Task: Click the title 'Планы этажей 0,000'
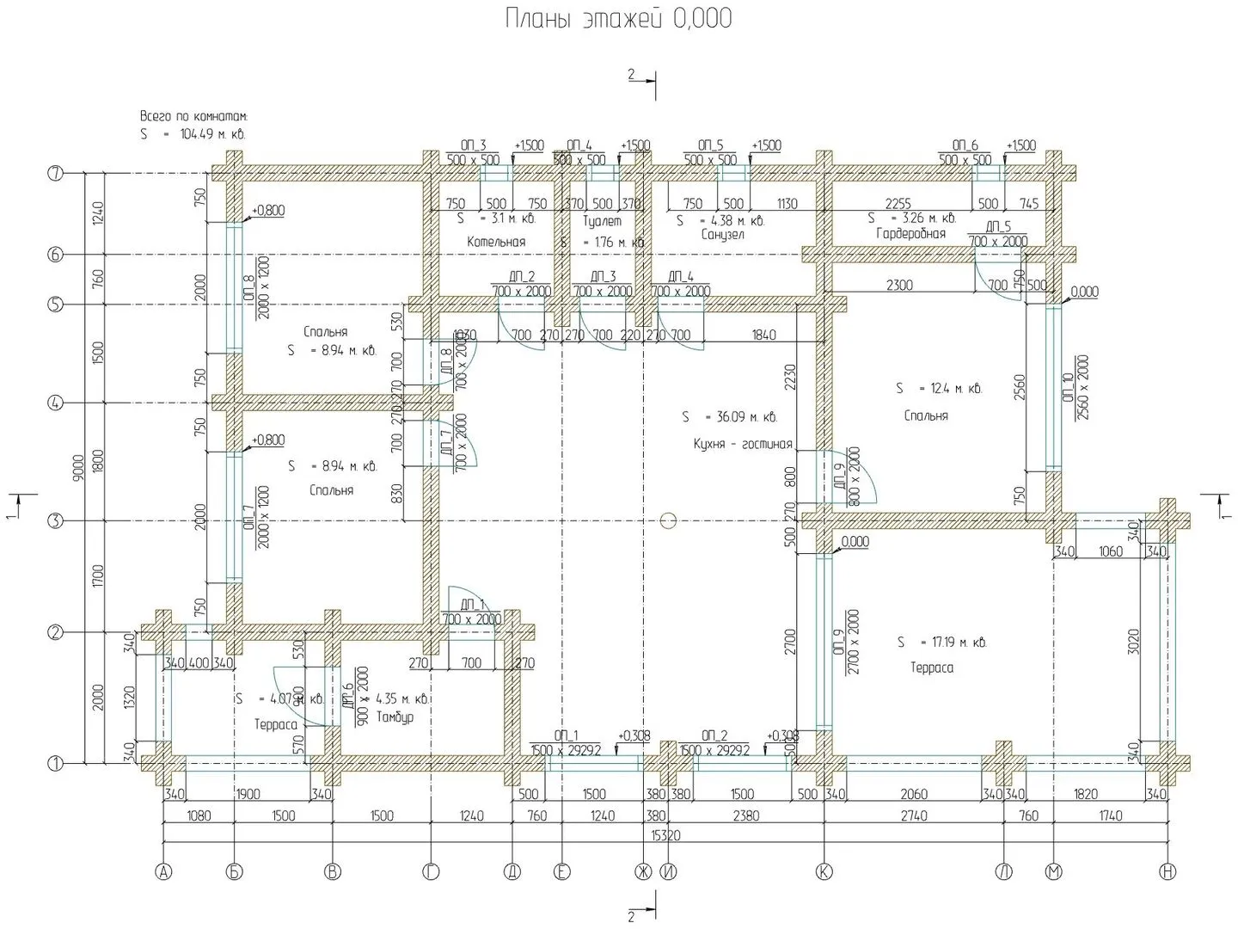pos(618,19)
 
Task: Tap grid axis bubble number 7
pos(56,174)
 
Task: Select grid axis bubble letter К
pos(824,872)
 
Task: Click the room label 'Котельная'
pos(496,242)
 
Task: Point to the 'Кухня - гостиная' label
pos(742,445)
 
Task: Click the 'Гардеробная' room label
pos(910,234)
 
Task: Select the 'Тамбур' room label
pos(395,717)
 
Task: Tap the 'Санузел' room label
pos(722,235)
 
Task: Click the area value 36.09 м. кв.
pos(730,417)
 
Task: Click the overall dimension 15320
pos(665,835)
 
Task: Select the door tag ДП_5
pos(997,227)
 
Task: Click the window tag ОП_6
pos(965,145)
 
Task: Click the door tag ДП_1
pos(472,604)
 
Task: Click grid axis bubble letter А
pos(162,872)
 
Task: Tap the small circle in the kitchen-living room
pos(669,520)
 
